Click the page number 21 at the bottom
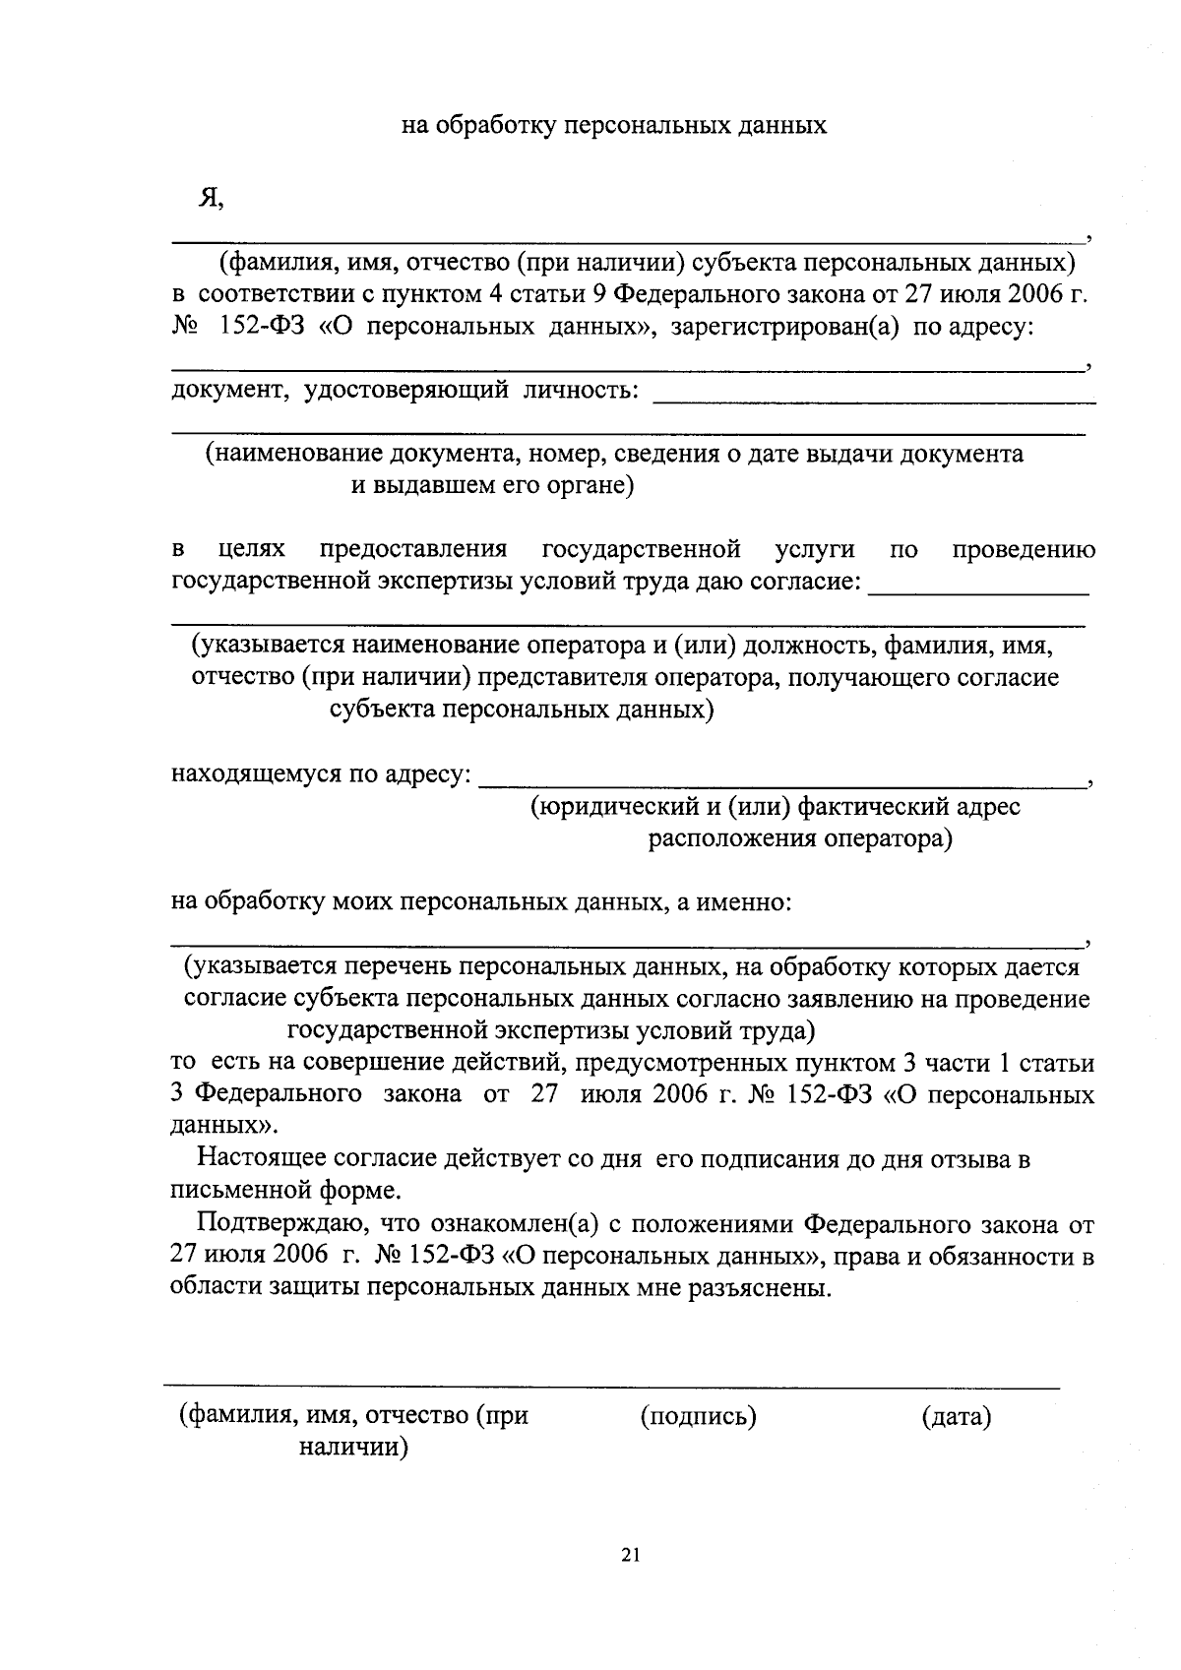631,1556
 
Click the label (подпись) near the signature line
698,1417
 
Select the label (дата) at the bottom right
956,1417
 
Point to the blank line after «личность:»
874,400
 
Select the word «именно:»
746,901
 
